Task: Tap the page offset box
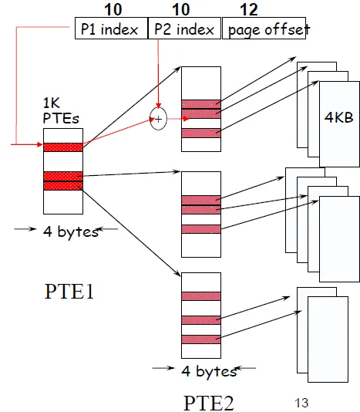pos(264,30)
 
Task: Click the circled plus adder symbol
pos(158,119)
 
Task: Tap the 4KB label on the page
pos(339,116)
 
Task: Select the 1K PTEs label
pos(59,110)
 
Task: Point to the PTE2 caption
pos(208,402)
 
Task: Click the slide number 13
pos(301,402)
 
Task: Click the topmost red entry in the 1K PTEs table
pos(62,147)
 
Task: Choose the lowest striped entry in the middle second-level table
pos(202,228)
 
